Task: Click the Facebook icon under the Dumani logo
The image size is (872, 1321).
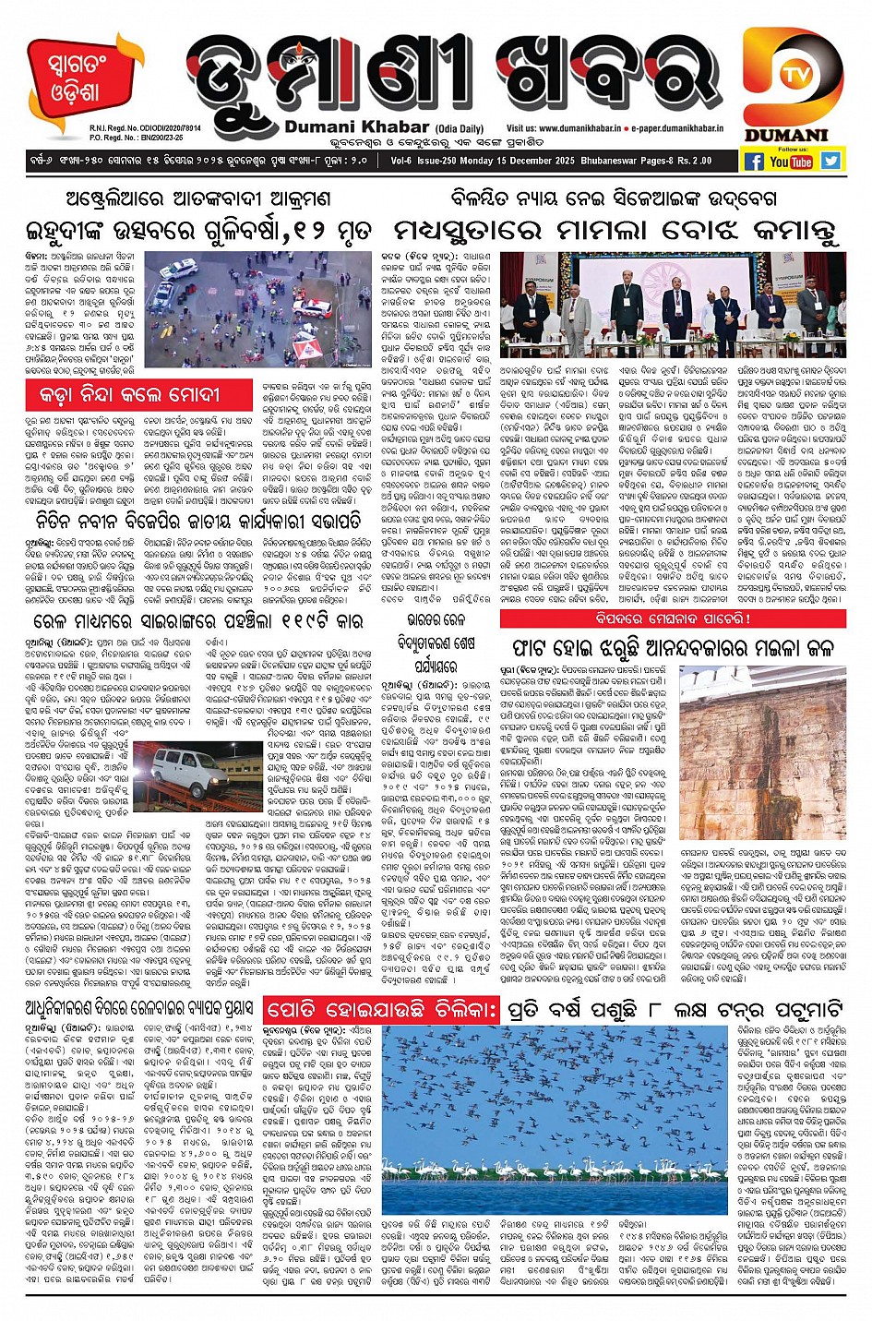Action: click(754, 162)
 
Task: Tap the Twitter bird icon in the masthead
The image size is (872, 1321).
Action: click(830, 161)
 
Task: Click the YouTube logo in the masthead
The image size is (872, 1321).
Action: click(792, 162)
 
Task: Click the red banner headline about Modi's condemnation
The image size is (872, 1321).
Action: click(129, 394)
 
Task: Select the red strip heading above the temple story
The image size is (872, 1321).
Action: click(673, 618)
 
